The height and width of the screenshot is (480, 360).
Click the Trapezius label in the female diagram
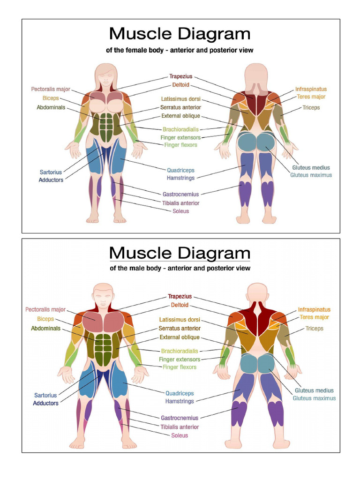point(180,76)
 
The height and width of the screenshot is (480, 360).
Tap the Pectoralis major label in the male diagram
point(45,309)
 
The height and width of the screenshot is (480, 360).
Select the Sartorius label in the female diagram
point(51,172)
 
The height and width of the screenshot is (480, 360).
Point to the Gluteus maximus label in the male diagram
point(314,398)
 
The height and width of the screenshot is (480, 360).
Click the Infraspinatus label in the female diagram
point(311,89)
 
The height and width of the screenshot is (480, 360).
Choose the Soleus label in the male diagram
point(180,435)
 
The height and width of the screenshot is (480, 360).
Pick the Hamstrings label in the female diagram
point(180,178)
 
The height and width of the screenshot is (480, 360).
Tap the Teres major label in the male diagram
point(315,317)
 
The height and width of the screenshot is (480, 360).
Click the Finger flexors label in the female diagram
point(180,145)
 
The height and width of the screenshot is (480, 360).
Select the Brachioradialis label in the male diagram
point(180,351)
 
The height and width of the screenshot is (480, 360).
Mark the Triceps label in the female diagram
point(311,107)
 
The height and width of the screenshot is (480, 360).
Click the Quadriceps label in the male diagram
point(180,393)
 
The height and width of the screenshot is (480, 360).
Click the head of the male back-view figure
point(257,293)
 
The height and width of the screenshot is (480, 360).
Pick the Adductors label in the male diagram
point(46,403)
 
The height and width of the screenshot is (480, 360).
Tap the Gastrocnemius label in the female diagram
point(180,194)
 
